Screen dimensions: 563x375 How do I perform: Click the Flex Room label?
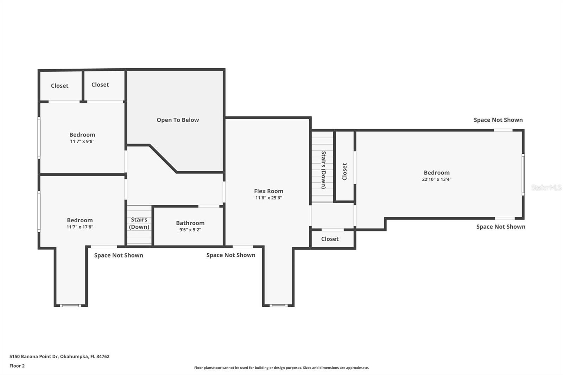point(268,191)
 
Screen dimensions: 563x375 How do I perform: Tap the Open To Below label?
point(178,120)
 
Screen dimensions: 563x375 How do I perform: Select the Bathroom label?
point(190,223)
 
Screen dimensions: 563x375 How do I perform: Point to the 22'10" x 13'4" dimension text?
point(437,179)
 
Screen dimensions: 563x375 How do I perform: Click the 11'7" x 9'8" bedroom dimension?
point(82,141)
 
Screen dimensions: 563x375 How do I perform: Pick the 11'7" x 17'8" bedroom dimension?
point(80,227)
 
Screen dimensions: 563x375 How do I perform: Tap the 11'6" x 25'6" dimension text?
point(268,198)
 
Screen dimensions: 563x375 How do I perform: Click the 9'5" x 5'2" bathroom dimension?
point(190,229)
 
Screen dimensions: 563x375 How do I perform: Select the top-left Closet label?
point(59,86)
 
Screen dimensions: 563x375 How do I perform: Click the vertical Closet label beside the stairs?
point(344,172)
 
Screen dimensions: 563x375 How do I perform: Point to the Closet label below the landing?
point(330,239)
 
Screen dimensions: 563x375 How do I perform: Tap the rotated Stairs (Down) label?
point(323,170)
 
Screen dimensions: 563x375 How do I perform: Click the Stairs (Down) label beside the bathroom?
point(139,223)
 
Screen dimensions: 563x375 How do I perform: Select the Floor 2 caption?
point(17,366)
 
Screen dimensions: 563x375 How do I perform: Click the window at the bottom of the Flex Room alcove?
point(278,306)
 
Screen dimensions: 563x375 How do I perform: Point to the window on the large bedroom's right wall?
point(523,174)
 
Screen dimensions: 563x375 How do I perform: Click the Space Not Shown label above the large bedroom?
point(498,120)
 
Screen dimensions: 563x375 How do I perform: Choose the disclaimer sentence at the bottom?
point(281,368)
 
